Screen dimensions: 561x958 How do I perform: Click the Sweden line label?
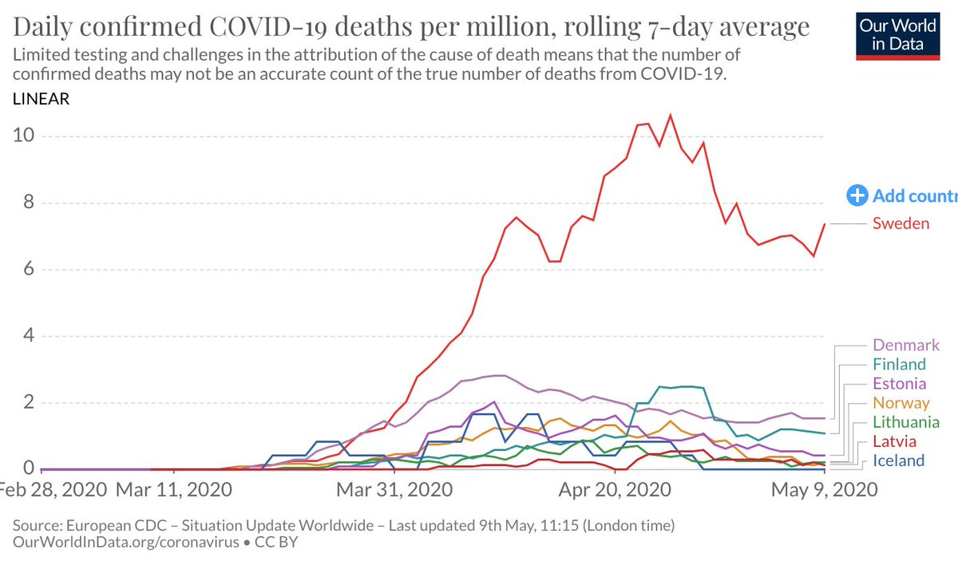click(901, 223)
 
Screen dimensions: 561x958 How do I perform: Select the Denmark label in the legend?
click(906, 346)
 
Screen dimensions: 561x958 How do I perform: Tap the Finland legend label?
click(900, 365)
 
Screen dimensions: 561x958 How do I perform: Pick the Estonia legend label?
click(900, 384)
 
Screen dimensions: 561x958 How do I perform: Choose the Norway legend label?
click(901, 403)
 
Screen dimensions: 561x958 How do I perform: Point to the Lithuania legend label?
click(906, 422)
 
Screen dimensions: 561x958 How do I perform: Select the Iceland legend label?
click(899, 460)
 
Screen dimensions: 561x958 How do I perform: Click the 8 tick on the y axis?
click(28, 203)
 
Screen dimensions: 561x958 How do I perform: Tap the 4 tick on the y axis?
click(28, 336)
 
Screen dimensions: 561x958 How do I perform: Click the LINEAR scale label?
click(41, 100)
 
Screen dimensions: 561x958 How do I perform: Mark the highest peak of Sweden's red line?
click(670, 116)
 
